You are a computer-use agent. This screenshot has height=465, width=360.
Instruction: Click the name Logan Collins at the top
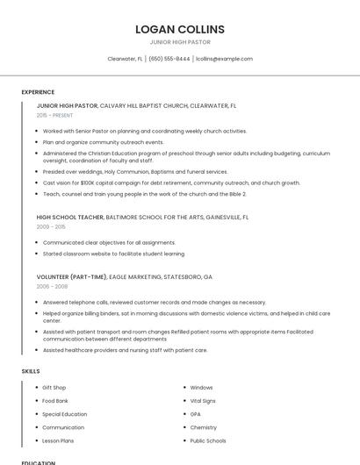pyautogui.click(x=180, y=29)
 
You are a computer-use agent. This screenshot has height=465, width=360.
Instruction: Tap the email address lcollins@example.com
pyautogui.click(x=224, y=59)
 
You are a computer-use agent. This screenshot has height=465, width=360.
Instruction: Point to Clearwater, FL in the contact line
pyautogui.click(x=126, y=59)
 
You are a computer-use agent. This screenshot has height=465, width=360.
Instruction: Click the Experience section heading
pyautogui.click(x=38, y=92)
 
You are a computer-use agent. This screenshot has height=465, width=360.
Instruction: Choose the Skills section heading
pyautogui.click(x=31, y=371)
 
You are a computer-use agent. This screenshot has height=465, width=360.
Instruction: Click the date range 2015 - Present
pyautogui.click(x=54, y=115)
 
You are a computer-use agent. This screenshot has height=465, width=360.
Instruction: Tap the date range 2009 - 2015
pyautogui.click(x=51, y=226)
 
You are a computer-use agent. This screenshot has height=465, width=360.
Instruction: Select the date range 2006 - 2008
pyautogui.click(x=52, y=286)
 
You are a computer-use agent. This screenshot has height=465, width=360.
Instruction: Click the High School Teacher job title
pyautogui.click(x=70, y=217)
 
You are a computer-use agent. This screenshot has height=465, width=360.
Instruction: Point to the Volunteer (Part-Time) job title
pyautogui.click(x=71, y=276)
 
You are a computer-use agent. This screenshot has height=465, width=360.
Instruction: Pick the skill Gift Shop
pyautogui.click(x=54, y=387)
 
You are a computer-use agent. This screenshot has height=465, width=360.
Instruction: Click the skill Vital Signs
pyautogui.click(x=203, y=400)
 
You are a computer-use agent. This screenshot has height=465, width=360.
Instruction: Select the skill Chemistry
pyautogui.click(x=203, y=427)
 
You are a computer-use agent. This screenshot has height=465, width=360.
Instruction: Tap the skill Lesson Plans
pyautogui.click(x=58, y=440)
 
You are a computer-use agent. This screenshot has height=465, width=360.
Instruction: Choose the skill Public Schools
pyautogui.click(x=208, y=440)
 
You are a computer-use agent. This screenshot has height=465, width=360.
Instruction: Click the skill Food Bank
pyautogui.click(x=55, y=400)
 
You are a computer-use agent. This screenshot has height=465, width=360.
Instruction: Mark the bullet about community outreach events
pyautogui.click(x=103, y=141)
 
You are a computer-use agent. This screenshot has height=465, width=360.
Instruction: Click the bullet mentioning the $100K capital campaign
pyautogui.click(x=171, y=182)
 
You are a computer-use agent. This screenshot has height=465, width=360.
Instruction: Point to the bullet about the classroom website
pyautogui.click(x=113, y=254)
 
